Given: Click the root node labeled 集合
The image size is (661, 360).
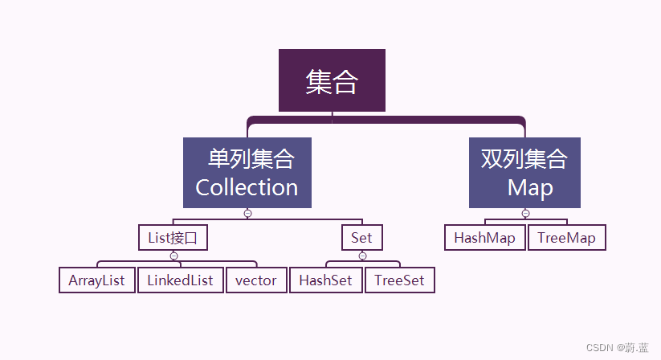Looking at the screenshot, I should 332,80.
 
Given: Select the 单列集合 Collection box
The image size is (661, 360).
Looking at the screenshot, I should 247,173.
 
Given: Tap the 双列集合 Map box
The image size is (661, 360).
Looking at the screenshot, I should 524,173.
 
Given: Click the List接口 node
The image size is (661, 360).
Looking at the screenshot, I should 173,238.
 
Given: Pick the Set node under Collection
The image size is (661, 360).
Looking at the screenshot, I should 361,238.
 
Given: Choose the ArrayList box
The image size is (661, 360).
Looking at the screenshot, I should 97,280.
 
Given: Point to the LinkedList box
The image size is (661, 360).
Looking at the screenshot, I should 181,280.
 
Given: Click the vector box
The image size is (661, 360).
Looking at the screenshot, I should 256,280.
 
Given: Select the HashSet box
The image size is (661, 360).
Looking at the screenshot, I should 326,280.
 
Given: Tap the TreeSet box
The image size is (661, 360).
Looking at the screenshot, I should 400,280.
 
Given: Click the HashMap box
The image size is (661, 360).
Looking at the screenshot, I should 485,238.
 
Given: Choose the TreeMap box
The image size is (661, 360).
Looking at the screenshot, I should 567,238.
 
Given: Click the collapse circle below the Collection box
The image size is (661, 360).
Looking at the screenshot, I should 247,214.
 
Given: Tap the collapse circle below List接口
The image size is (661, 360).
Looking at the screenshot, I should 173,256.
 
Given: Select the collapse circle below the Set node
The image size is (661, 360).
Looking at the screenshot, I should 362,256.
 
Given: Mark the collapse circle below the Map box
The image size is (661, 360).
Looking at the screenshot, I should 525,214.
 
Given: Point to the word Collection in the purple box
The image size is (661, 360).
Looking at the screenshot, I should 247,187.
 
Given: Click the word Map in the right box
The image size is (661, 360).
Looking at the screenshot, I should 530,188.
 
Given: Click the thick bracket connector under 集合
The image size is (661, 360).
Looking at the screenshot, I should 386,120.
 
